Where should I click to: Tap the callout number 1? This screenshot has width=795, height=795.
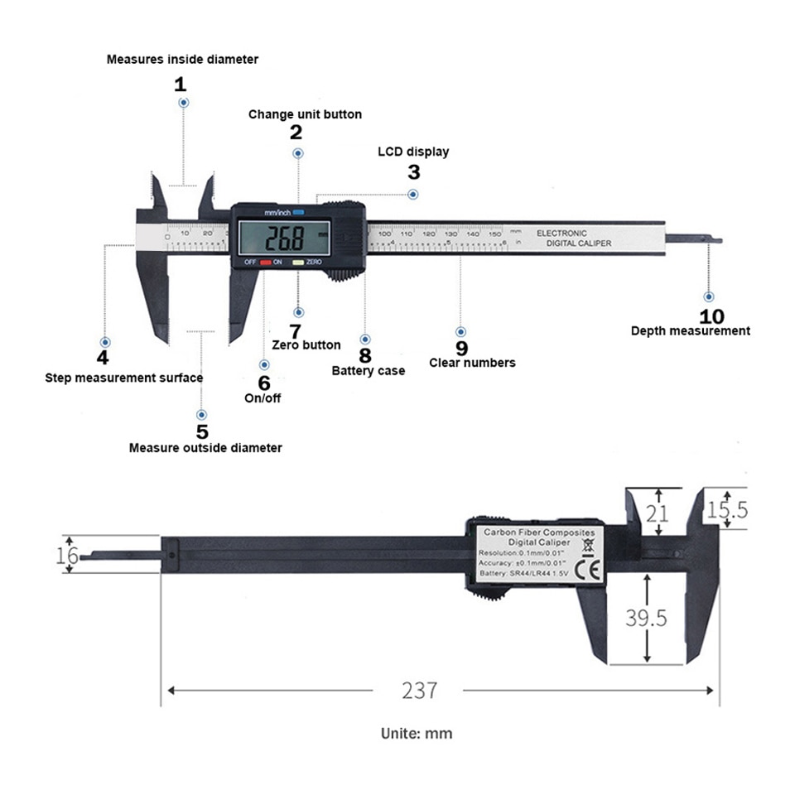tap(181, 84)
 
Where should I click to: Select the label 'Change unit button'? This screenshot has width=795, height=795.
tap(305, 114)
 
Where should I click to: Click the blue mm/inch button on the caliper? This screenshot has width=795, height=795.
tap(297, 212)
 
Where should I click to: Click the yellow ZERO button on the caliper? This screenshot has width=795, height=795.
tap(297, 262)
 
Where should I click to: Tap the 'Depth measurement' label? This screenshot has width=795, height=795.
tap(690, 330)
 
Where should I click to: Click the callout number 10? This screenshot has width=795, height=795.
tap(711, 316)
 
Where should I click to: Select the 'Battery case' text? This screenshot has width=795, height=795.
tap(368, 370)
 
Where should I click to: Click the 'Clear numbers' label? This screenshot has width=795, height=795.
tap(472, 362)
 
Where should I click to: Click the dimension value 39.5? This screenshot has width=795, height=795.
tap(646, 618)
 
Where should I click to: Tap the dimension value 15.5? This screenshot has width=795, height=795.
tap(728, 509)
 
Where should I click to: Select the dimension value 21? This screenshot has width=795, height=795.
tap(657, 513)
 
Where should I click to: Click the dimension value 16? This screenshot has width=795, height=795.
tap(67, 555)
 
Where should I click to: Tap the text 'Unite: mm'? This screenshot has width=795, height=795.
tap(416, 733)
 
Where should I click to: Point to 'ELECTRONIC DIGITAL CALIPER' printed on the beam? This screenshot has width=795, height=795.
tap(573, 238)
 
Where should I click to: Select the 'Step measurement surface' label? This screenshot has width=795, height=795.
tap(123, 378)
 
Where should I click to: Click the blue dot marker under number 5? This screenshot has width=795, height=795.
tap(201, 414)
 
